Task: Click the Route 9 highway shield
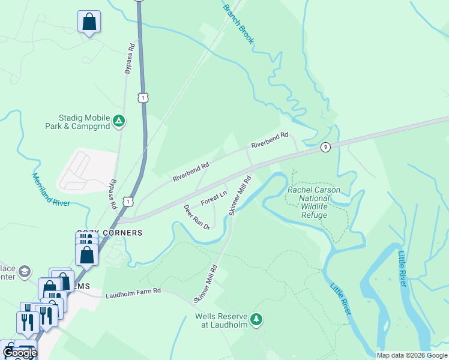click(325, 147)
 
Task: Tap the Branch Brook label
click(238, 25)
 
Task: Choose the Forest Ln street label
click(214, 198)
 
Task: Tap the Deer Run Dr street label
click(196, 217)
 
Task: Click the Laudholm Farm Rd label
click(133, 292)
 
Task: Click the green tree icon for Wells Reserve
click(256, 319)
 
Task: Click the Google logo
click(20, 353)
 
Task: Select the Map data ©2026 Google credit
click(412, 355)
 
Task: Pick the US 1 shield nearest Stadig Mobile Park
click(142, 97)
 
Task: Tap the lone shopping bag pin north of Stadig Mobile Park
click(89, 22)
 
